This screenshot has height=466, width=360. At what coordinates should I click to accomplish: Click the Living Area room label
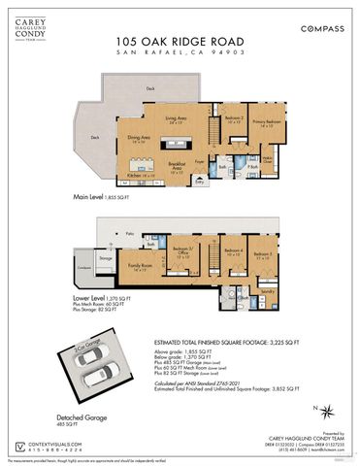[x=176, y=120]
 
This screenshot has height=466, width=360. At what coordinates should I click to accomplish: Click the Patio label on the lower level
[x=128, y=234]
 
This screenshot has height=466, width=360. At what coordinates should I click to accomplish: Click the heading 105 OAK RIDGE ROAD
[x=180, y=41]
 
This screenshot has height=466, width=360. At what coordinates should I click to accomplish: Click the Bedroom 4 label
[x=233, y=258]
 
